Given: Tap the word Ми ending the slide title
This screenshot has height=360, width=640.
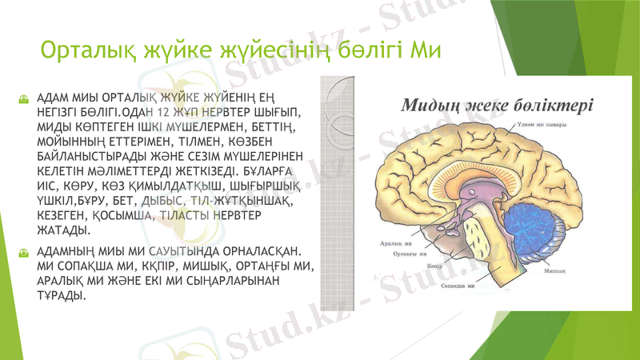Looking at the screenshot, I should [x=425, y=52].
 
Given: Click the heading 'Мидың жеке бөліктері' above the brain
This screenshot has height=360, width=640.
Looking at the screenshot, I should [x=496, y=104].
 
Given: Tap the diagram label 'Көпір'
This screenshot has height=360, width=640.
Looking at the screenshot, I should [x=435, y=266].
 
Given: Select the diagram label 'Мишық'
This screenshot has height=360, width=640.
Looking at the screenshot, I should [x=555, y=271].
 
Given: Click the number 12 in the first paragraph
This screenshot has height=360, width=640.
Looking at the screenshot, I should [x=164, y=113].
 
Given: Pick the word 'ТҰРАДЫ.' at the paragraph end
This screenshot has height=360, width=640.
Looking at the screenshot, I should [x=61, y=296].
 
